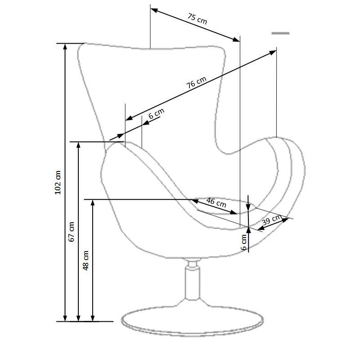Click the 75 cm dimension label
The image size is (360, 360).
[198, 18]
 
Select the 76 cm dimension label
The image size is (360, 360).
[196, 82]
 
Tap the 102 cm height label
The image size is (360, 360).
[58, 183]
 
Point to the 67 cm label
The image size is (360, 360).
[72, 232]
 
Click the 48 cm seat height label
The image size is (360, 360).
[85, 261]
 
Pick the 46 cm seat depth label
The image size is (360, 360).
[216, 202]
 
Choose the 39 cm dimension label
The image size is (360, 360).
[272, 220]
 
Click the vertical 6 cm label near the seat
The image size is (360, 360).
[243, 242]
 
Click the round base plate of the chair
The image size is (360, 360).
[193, 321]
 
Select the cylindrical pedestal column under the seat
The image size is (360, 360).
[193, 280]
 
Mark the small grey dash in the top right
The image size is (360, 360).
[280, 33]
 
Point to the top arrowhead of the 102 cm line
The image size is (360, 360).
[65, 46]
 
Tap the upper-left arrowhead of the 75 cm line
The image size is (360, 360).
[154, 10]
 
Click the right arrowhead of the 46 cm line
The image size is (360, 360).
[234, 212]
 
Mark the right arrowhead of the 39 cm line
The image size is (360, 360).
[285, 220]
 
